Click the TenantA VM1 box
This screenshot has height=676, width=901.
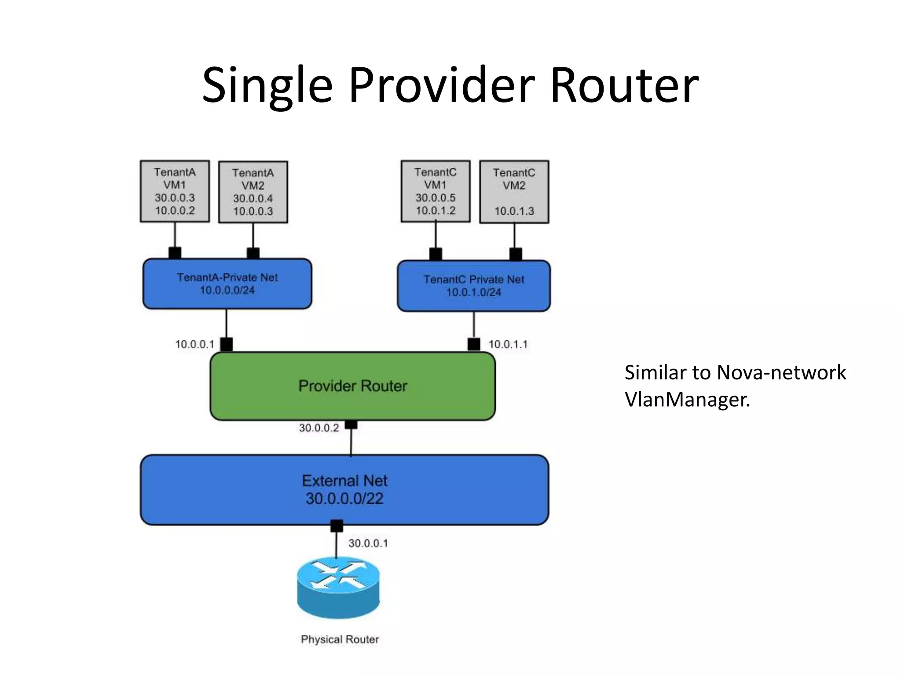pyautogui.click(x=175, y=191)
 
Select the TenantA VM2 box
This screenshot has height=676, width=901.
pyautogui.click(x=253, y=192)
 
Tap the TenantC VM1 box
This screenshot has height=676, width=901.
pyautogui.click(x=436, y=191)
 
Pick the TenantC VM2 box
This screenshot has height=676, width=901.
pyautogui.click(x=514, y=192)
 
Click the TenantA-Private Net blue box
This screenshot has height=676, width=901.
pyautogui.click(x=227, y=284)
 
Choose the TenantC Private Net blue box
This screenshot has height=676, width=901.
pyautogui.click(x=474, y=286)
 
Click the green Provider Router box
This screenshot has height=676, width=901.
pyautogui.click(x=352, y=386)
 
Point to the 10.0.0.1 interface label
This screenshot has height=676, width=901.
pyautogui.click(x=194, y=344)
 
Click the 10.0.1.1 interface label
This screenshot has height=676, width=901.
pyautogui.click(x=508, y=344)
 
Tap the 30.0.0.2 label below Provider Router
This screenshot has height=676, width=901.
pyautogui.click(x=319, y=428)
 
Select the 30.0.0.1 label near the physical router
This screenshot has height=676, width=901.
pyautogui.click(x=368, y=543)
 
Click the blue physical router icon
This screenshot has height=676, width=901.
pyautogui.click(x=338, y=588)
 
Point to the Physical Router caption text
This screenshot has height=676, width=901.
pyautogui.click(x=340, y=639)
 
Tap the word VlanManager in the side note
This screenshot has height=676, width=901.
pyautogui.click(x=687, y=400)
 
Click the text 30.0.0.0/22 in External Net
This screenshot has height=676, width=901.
pyautogui.click(x=344, y=499)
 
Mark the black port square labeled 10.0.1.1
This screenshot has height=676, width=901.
pyautogui.click(x=474, y=344)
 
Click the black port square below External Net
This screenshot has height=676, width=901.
pyautogui.click(x=337, y=526)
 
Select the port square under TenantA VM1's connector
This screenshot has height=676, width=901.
pyautogui.click(x=175, y=253)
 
